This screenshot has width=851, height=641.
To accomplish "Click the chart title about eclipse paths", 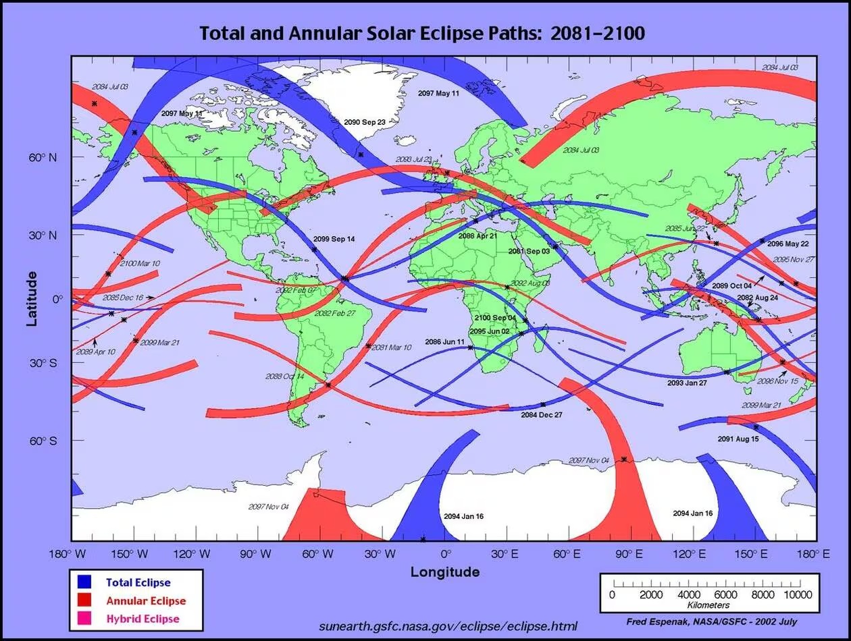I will point(422,33).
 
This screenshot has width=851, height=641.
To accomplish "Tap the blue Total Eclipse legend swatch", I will point(84,582).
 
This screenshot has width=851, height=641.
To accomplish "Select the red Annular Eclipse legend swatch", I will point(84,600).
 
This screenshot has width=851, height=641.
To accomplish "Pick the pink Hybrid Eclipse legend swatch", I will point(84,618).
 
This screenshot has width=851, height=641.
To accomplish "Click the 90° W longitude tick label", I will point(256,555).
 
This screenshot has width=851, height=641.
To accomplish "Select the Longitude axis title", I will point(445,572).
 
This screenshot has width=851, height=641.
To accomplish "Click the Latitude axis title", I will point(32,299).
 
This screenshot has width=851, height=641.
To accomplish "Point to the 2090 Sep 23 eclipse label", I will point(365,122).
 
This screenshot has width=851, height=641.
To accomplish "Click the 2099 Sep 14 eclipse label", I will point(334,240).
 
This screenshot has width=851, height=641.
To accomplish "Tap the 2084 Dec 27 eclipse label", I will point(541,415).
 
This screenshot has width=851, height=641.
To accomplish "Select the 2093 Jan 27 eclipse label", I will point(687,383).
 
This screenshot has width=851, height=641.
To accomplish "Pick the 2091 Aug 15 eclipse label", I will point(738,439).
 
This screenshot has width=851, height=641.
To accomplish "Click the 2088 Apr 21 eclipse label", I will point(478,236).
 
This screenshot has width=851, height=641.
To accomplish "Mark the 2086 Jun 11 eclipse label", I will point(444,342).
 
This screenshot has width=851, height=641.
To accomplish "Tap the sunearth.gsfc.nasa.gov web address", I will point(448,625).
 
